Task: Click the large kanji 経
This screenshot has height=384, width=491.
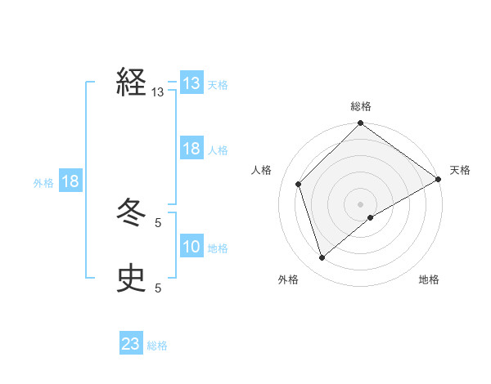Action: (131, 83)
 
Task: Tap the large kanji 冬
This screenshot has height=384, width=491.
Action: (131, 212)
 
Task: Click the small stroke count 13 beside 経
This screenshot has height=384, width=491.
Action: (158, 92)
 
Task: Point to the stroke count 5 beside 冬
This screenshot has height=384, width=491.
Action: (158, 222)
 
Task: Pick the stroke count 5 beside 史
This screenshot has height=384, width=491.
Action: (158, 288)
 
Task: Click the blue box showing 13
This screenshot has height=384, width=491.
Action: (191, 83)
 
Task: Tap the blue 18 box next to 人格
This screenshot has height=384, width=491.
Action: (191, 149)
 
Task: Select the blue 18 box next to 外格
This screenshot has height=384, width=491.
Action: (70, 181)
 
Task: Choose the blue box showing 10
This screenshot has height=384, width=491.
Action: (191, 247)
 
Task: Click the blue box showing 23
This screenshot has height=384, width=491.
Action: (131, 344)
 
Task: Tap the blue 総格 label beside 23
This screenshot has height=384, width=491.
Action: (157, 346)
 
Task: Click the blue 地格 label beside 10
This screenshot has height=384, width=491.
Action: (218, 248)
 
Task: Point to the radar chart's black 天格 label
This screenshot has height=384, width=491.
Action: (460, 170)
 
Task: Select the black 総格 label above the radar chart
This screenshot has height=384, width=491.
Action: (361, 106)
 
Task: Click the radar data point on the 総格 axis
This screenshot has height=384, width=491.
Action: (361, 124)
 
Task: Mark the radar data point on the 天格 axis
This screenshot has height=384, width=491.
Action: (438, 179)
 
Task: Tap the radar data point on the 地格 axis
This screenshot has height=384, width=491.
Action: (371, 217)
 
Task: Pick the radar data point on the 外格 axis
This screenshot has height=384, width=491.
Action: (322, 257)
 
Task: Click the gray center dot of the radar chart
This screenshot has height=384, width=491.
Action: (361, 203)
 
